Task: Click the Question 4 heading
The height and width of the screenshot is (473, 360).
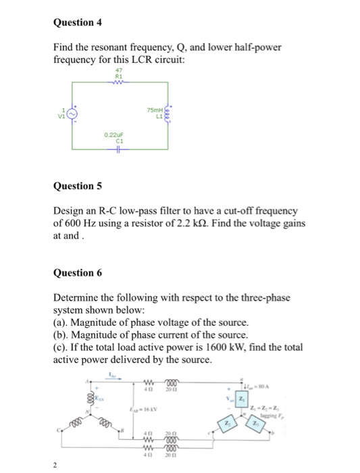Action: pyautogui.click(x=77, y=22)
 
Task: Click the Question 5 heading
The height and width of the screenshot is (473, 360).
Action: pyautogui.click(x=77, y=185)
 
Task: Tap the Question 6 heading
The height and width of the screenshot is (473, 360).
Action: pyautogui.click(x=77, y=273)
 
